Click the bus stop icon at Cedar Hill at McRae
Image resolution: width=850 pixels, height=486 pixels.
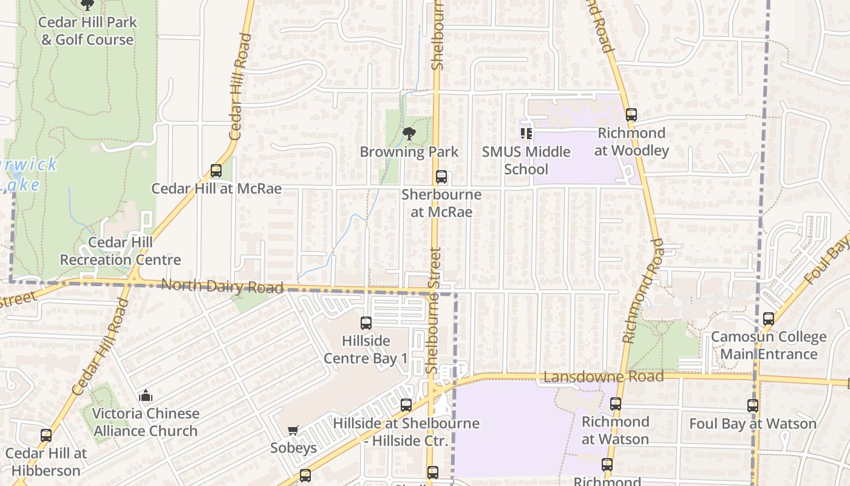[216, 171]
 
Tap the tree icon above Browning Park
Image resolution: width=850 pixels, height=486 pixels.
[409, 134]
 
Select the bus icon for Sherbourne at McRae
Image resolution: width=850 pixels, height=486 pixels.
[441, 177]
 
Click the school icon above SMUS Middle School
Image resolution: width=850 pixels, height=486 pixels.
[526, 134]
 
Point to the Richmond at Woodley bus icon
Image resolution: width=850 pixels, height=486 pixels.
[631, 114]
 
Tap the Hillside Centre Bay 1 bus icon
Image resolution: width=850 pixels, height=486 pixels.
[366, 323]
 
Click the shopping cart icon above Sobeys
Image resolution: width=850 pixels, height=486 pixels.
[293, 430]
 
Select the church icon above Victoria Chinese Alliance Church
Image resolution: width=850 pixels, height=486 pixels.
[146, 396]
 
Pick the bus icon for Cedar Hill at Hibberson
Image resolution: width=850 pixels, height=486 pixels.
[46, 436]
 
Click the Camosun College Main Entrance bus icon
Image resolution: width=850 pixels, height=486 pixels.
[769, 318]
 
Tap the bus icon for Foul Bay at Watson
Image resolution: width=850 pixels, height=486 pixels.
[753, 406]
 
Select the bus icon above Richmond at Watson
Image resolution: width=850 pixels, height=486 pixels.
[616, 404]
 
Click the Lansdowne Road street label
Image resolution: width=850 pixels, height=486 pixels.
[603, 377]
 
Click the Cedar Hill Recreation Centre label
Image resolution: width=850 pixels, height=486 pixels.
[120, 251]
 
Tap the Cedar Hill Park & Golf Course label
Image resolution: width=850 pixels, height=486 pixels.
[87, 31]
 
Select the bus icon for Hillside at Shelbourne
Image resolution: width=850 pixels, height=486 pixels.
[406, 405]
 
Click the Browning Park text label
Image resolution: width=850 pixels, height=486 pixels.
[409, 152]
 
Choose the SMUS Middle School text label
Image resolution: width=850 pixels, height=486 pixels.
[526, 160]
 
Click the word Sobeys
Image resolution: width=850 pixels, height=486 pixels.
[293, 448]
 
